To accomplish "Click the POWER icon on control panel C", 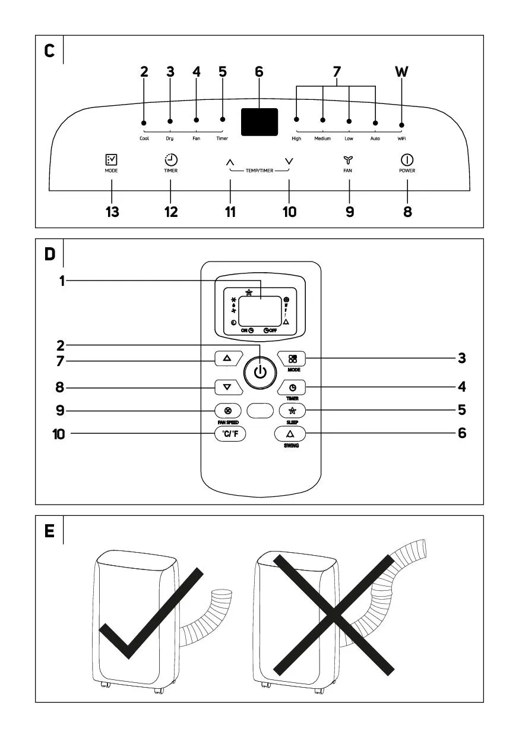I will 407,160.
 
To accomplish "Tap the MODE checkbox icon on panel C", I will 111,160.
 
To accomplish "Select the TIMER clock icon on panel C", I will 170,159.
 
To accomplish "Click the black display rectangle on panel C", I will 259,122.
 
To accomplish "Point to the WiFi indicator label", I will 401,138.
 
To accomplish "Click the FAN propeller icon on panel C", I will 348,160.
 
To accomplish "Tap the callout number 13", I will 112,212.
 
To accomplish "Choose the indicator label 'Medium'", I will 322,138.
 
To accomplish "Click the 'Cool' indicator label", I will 144,138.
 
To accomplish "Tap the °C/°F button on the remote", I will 230,434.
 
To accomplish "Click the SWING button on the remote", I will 290,434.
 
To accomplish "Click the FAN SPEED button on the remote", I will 228,410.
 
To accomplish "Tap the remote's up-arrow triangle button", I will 227,359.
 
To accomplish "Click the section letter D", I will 50,254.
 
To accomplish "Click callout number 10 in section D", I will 58,434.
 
